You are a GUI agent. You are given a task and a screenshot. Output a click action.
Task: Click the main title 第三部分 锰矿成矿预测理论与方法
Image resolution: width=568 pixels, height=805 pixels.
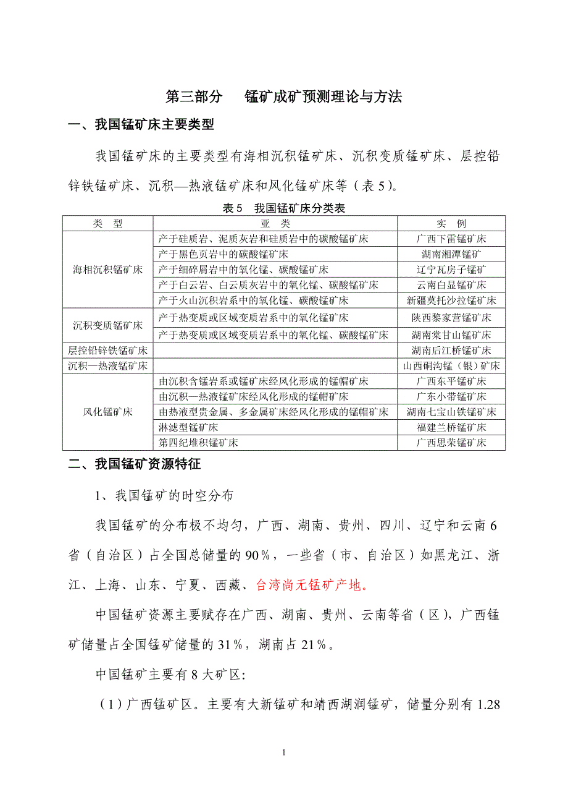[284, 96]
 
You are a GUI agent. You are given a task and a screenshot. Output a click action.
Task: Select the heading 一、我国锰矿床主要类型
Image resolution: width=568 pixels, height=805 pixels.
[141, 125]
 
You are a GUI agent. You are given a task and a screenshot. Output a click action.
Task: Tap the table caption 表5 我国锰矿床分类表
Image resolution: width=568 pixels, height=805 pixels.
[284, 208]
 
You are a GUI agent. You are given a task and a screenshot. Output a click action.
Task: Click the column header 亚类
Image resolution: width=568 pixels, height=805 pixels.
[275, 223]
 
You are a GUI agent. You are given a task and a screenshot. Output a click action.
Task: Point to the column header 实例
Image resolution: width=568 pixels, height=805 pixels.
[451, 223]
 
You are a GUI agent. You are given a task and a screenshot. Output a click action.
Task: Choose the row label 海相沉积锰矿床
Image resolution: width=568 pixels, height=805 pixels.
[108, 270]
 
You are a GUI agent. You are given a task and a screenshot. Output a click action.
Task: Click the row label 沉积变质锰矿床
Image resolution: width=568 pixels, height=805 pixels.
[108, 325]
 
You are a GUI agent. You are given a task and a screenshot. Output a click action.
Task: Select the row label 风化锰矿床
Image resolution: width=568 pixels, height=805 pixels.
[108, 412]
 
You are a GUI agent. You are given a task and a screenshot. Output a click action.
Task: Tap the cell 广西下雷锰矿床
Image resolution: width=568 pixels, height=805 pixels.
[451, 239]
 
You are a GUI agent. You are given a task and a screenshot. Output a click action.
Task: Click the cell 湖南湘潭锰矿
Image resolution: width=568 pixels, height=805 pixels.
[451, 254]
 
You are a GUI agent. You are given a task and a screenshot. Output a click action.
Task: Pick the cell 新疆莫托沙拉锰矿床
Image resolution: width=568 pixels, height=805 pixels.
[451, 300]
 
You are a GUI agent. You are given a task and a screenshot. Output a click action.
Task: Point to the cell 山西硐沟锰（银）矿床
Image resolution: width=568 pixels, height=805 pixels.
[451, 365]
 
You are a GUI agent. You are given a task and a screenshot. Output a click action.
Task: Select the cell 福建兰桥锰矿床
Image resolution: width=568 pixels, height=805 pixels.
[451, 427]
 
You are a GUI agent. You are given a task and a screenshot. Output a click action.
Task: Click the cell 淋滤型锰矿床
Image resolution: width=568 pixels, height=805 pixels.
[188, 427]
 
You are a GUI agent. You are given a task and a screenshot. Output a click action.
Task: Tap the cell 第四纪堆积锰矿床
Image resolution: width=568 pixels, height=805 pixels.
[198, 443]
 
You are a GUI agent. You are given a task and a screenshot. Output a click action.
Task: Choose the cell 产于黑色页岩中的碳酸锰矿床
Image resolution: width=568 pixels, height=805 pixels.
[223, 254]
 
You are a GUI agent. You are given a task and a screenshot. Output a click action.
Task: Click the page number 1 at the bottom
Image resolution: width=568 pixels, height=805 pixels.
[283, 752]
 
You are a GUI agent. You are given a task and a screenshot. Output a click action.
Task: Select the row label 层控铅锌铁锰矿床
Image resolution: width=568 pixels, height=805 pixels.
[108, 351]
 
